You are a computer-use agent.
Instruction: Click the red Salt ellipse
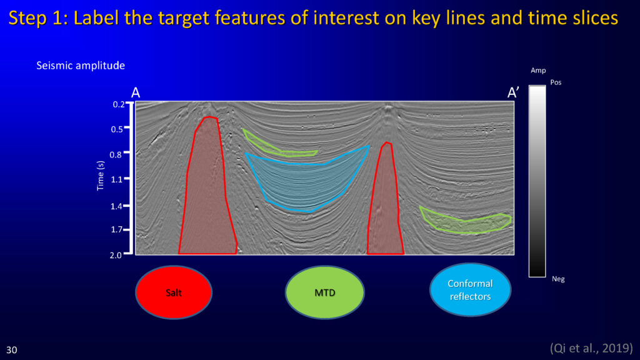coord(174,292)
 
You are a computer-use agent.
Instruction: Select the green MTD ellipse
coord(325,292)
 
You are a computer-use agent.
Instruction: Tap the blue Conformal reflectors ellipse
coord(470,290)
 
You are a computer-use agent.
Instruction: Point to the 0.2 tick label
coord(119,104)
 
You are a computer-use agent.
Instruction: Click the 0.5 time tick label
coord(117,129)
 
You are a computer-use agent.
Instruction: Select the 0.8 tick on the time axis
coord(116,155)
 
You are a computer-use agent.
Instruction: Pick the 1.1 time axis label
coord(116,179)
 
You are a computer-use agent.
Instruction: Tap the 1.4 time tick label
coord(116,206)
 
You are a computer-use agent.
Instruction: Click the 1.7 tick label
coord(116,230)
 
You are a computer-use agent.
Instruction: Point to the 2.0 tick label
coord(116,255)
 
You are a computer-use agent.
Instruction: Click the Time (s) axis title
coord(101,176)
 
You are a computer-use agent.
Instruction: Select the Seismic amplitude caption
coord(81,65)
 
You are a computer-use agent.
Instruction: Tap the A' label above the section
coord(513,92)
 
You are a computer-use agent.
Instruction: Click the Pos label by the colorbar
coord(556,82)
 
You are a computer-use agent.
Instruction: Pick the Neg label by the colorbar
coord(558,279)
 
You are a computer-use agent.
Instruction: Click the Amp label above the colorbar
coord(538,71)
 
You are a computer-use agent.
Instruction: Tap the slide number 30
coord(12,350)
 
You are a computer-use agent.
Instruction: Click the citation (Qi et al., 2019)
coord(591,348)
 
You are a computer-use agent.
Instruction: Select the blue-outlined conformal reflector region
coord(307,179)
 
